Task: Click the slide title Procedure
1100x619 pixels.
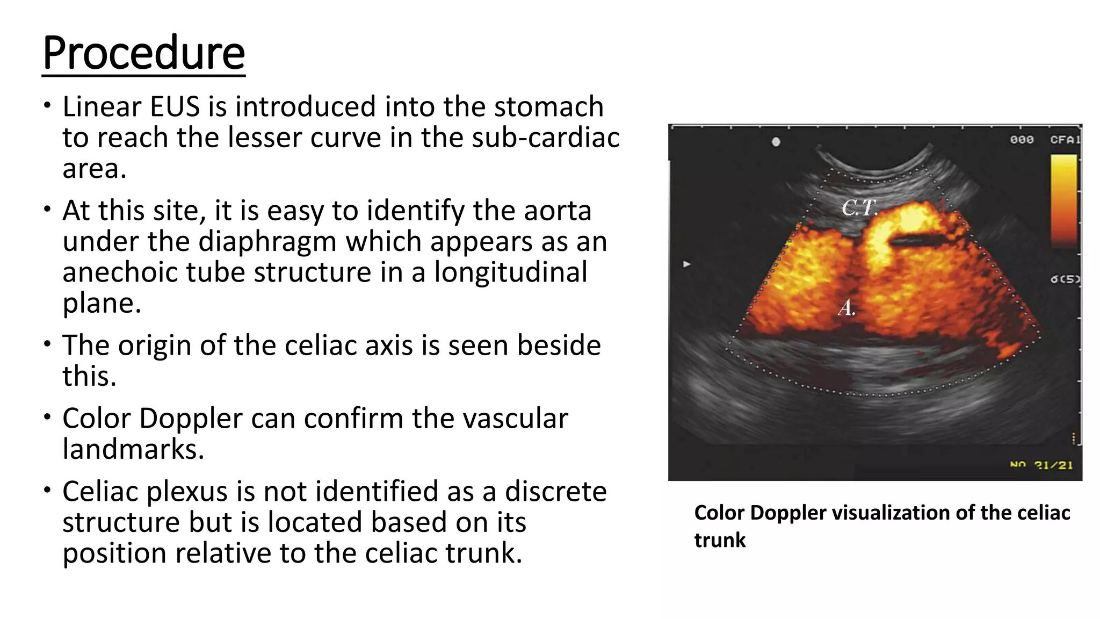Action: (x=143, y=53)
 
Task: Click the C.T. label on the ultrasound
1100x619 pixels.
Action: (x=859, y=207)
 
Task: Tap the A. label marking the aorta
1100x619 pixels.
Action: (x=846, y=308)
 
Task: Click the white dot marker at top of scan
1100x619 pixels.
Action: (x=776, y=142)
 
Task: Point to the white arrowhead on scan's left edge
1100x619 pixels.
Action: (x=686, y=264)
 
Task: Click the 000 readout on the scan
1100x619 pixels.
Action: (x=1022, y=139)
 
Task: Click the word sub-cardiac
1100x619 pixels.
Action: (x=546, y=138)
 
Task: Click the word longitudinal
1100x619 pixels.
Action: (x=510, y=272)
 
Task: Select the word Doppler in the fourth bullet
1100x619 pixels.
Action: (x=190, y=418)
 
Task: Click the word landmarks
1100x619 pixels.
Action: (x=133, y=449)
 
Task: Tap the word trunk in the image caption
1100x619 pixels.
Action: (x=720, y=540)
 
